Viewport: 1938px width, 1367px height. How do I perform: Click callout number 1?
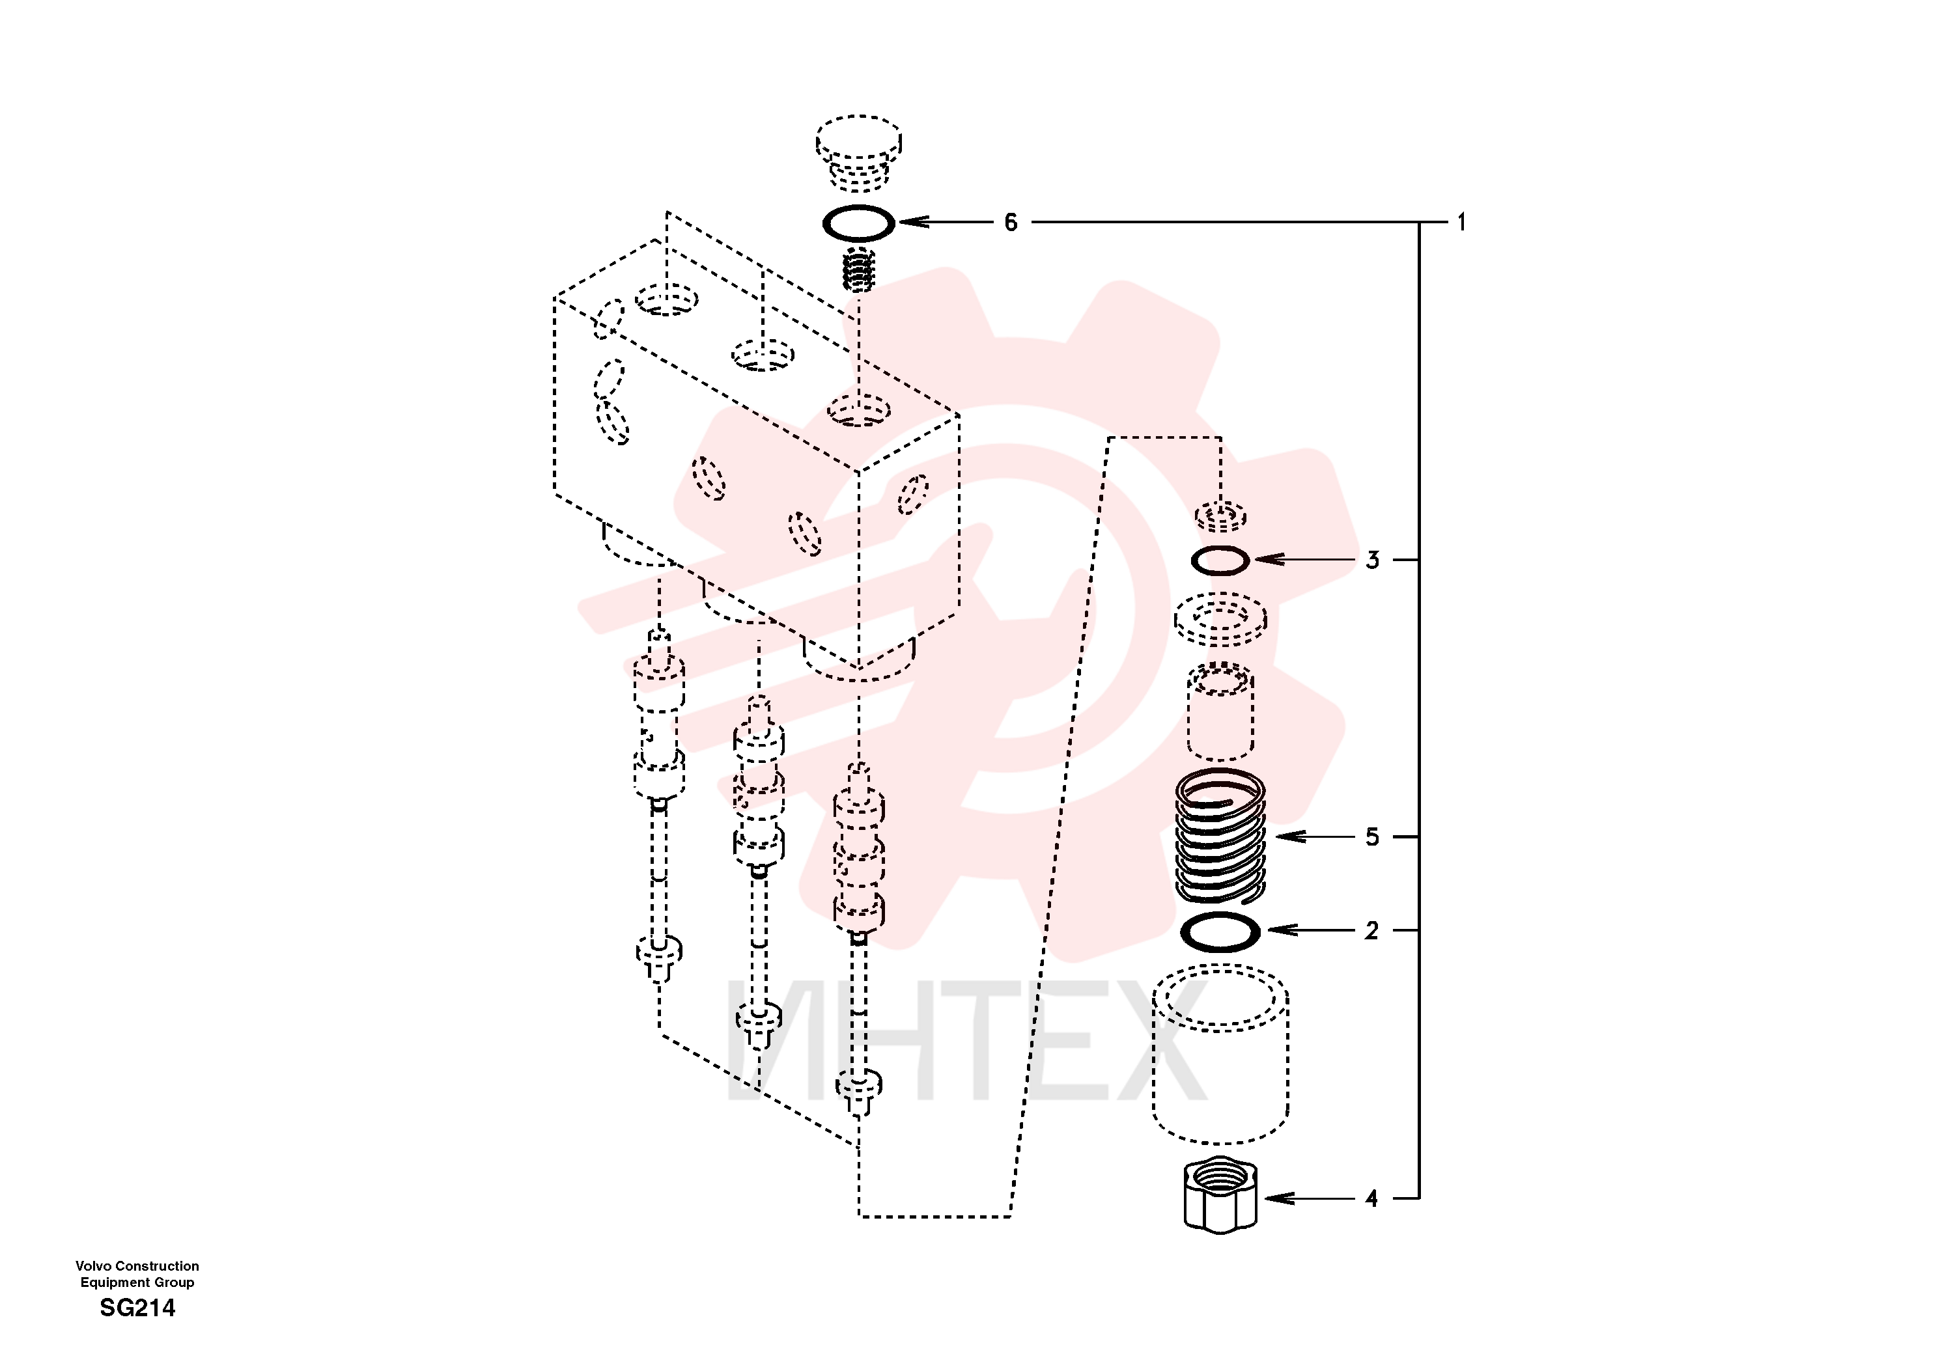coord(1461,223)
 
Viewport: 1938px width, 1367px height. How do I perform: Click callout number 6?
coord(1011,223)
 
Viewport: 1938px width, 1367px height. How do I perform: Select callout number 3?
coord(1373,560)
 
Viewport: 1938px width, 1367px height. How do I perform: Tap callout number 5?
coord(1373,837)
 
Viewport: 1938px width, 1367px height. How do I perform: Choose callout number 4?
coord(1371,1198)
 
